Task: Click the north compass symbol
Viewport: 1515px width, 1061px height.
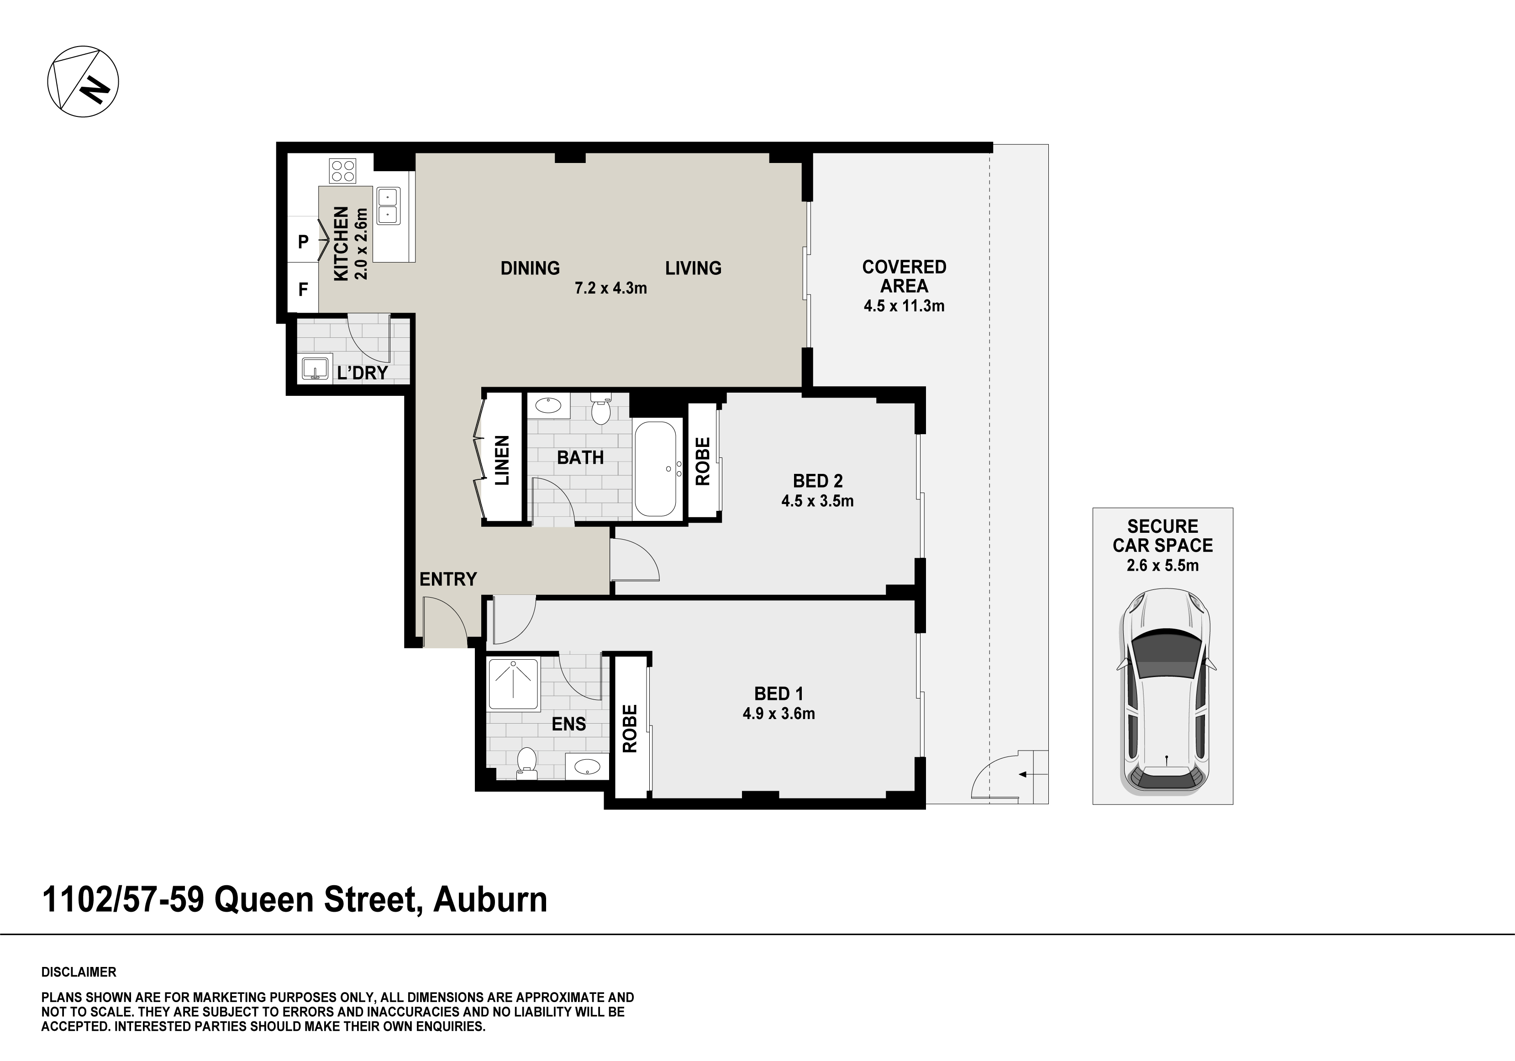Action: click(x=83, y=82)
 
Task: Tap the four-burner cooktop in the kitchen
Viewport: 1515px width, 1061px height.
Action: click(x=343, y=170)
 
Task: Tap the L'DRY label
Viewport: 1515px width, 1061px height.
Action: click(x=362, y=373)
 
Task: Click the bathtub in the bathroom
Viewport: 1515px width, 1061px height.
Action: click(x=655, y=469)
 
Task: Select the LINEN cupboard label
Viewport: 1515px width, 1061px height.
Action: click(x=502, y=460)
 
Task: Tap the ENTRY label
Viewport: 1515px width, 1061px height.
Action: click(x=448, y=579)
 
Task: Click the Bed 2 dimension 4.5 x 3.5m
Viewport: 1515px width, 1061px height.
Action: click(x=818, y=501)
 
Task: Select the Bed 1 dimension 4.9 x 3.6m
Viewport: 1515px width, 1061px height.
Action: click(x=779, y=713)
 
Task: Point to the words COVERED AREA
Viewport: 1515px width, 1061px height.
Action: click(x=904, y=277)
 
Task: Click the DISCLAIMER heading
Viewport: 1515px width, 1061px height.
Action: click(x=79, y=972)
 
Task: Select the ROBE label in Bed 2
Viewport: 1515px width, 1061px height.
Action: click(x=703, y=461)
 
